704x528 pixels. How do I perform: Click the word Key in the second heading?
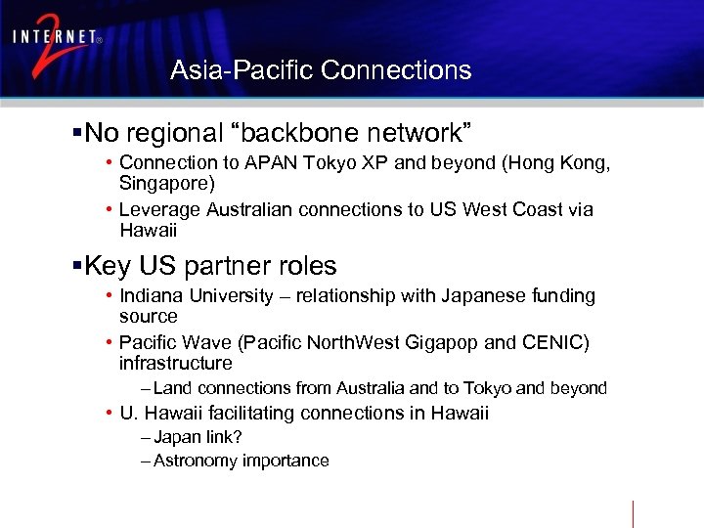click(x=110, y=266)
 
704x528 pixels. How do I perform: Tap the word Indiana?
click(x=150, y=295)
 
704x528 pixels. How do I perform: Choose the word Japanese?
click(x=458, y=295)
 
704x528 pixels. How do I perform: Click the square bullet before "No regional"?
click(x=77, y=132)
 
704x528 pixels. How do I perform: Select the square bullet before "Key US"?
click(x=77, y=266)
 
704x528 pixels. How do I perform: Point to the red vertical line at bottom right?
click(x=633, y=513)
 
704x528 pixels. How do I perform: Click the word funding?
click(x=561, y=295)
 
